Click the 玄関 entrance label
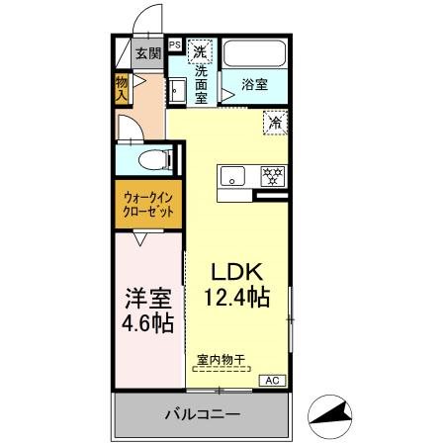(x=147, y=53)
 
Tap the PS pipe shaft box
(x=174, y=44)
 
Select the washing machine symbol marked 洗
(x=201, y=50)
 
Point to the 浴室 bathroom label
(x=254, y=84)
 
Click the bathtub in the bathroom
(x=254, y=53)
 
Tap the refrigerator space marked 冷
(x=274, y=124)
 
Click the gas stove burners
(x=271, y=176)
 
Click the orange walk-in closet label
(x=148, y=206)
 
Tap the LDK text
(x=238, y=270)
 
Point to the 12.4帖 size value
(x=238, y=296)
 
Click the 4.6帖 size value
(x=148, y=322)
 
